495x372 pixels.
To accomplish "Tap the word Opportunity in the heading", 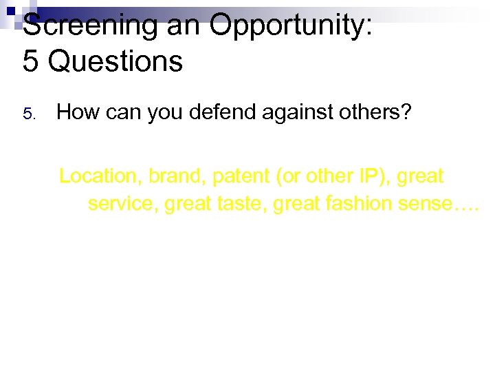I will (291, 26).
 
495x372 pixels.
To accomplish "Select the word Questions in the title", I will (116, 61).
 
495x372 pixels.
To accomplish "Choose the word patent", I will (240, 176).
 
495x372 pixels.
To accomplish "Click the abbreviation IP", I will (368, 176).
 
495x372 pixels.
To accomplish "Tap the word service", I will (122, 205).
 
